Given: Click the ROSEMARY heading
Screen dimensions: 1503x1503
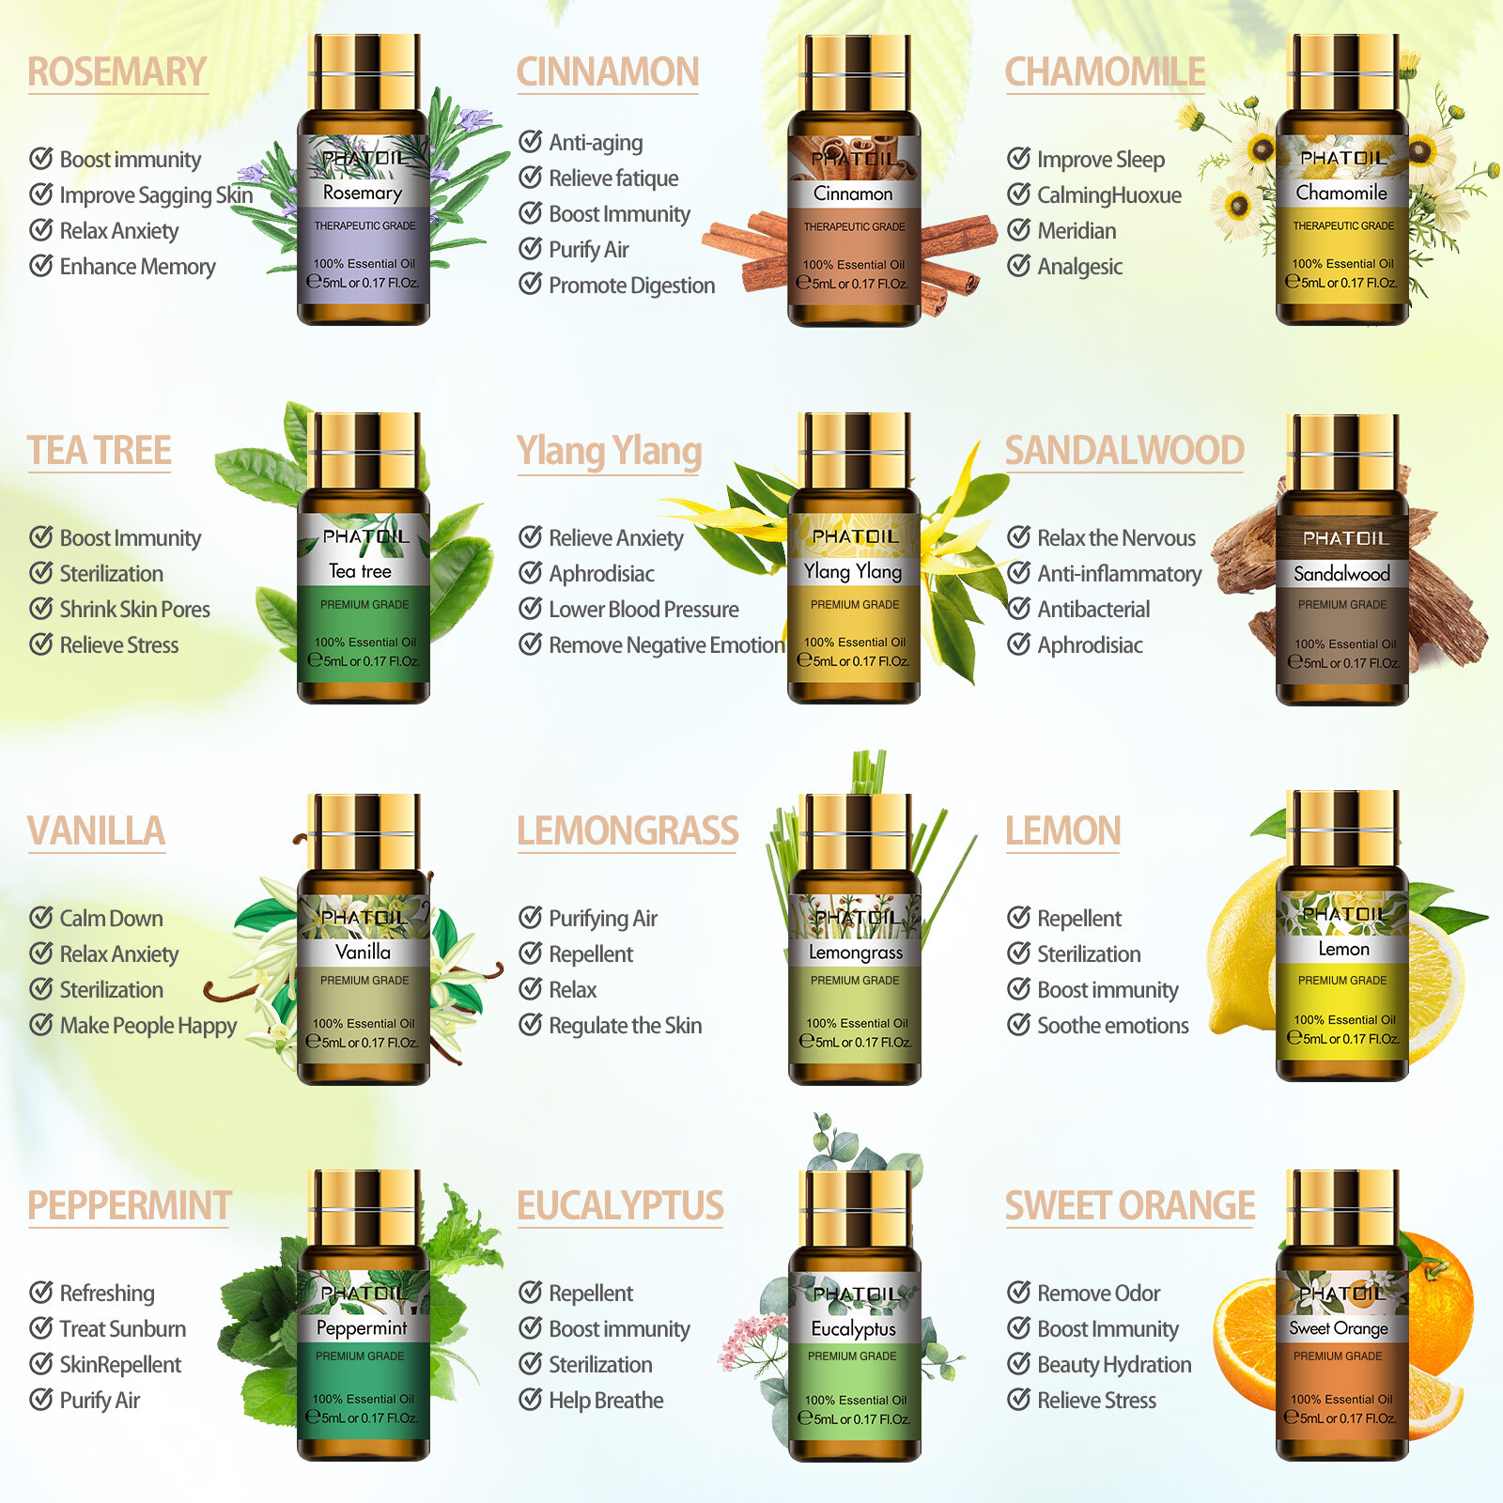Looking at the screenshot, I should pos(116,72).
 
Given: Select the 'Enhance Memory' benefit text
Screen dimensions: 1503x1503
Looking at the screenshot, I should pos(137,267).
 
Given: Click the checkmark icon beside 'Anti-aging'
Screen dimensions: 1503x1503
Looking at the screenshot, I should pos(531,142).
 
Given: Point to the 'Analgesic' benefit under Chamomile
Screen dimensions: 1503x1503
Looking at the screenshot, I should pos(1079,267).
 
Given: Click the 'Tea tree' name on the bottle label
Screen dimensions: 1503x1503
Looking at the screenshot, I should pos(361,571).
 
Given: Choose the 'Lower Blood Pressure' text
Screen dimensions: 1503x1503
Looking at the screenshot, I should pos(643,610).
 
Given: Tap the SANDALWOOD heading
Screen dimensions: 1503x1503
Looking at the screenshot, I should pos(1124,451).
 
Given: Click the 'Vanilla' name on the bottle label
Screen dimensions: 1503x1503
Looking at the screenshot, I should pos(363,952).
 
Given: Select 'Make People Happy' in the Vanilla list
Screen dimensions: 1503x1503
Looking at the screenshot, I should pos(147,1026).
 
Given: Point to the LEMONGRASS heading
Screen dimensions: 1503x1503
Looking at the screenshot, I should pos(628,831).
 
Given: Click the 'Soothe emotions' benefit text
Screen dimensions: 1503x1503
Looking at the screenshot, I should pos(1112,1026).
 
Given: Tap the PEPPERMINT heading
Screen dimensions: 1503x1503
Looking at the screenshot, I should pos(130,1206).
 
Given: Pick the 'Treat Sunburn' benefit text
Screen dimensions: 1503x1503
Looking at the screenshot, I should pos(122,1329).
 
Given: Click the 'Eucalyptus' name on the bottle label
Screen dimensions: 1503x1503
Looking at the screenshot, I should pos(853,1328).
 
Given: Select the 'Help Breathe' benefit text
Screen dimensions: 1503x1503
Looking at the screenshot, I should pos(606,1401).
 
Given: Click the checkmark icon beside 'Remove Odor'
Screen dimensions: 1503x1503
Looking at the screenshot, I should pos(1019,1293).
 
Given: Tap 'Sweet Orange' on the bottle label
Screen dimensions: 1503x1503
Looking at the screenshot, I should pos(1339,1328).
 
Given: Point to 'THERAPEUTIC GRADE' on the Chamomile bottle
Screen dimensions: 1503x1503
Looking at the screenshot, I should pos(1343,226).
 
